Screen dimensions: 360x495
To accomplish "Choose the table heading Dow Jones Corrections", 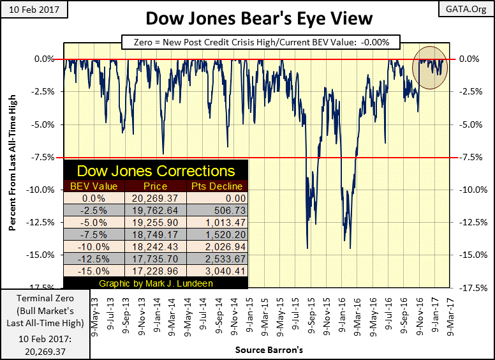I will (x=156, y=171).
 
